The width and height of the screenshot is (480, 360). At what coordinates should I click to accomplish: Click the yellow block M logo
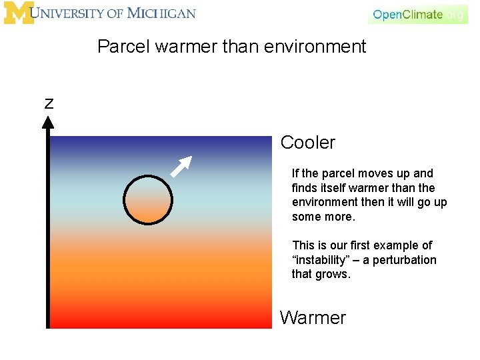(18, 13)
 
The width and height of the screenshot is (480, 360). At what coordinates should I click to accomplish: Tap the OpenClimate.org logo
(417, 14)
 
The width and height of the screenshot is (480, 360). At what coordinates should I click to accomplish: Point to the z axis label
(49, 103)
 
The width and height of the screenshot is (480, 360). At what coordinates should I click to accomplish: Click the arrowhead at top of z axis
(48, 122)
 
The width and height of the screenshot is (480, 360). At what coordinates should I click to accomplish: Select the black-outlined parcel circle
(148, 199)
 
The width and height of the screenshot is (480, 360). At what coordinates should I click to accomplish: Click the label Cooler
(307, 143)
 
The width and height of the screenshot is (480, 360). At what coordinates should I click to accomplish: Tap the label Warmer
(313, 317)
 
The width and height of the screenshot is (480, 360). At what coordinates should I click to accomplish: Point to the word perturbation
(404, 260)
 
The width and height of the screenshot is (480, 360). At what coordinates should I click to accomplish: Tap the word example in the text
(397, 245)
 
